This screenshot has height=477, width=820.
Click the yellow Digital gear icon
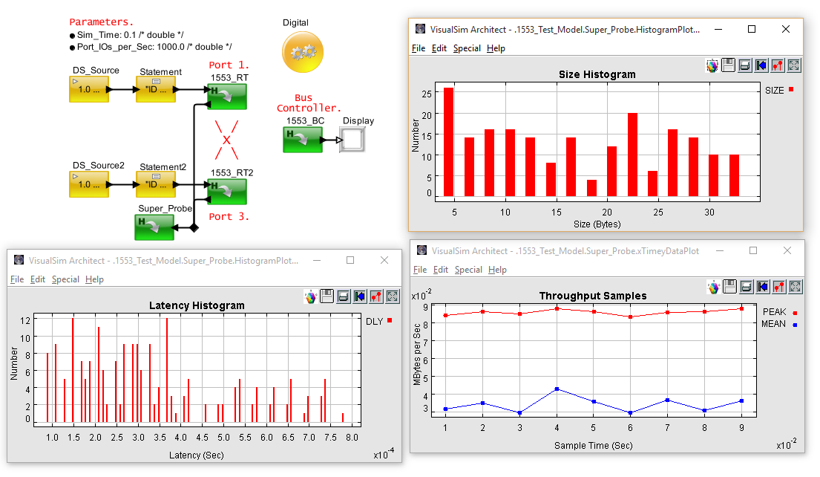tap(302, 53)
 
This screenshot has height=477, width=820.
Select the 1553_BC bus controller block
tap(302, 140)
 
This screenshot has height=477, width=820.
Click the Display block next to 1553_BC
tap(353, 140)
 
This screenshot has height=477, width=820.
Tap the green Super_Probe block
tap(154, 227)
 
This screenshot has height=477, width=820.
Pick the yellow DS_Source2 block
tap(89, 184)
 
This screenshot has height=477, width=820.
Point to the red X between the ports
tap(227, 140)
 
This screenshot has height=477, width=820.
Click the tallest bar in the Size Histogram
tap(448, 142)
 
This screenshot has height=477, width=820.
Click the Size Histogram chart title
tap(597, 74)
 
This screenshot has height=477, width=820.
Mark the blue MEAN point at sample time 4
tap(557, 389)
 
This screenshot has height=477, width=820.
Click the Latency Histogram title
tap(197, 305)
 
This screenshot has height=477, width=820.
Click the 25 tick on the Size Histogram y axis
tap(426, 94)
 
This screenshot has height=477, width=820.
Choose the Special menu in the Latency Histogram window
tap(65, 279)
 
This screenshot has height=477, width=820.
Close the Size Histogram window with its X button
tap(786, 29)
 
